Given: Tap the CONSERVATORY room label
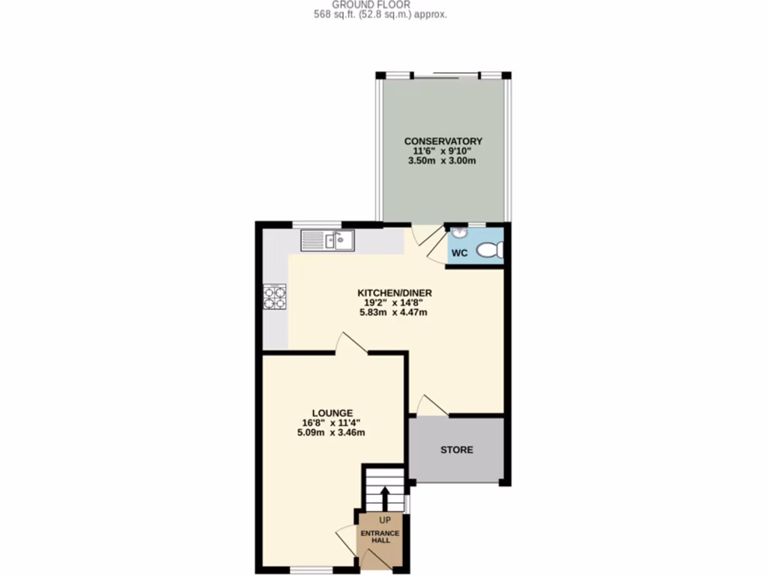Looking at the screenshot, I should click(443, 141).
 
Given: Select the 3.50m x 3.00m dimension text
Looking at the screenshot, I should click(443, 161).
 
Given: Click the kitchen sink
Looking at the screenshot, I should click(328, 241).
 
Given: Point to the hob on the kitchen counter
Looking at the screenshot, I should click(275, 297).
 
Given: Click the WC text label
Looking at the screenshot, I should click(459, 253).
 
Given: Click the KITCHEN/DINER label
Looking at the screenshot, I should click(395, 293).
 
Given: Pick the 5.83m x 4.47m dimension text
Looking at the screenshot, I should click(395, 313).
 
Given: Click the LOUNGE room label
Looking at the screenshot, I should click(333, 413).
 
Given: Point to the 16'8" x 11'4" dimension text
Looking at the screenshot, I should click(333, 422).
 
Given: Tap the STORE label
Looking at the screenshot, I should click(456, 450).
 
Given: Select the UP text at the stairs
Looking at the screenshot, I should click(385, 520).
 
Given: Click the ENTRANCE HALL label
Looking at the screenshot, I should click(381, 538).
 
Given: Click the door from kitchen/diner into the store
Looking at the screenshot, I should click(432, 406).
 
